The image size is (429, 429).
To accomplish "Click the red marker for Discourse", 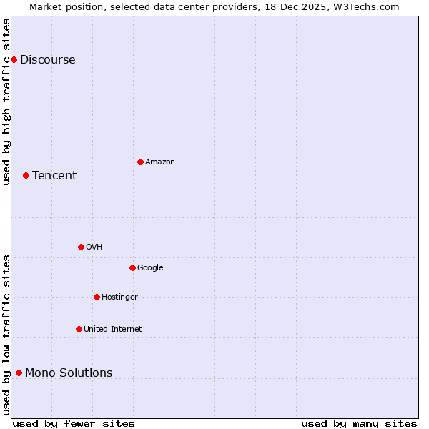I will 14,59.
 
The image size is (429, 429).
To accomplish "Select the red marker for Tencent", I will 26,175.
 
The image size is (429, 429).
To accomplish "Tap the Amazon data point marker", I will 140,162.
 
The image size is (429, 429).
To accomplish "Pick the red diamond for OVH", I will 81,247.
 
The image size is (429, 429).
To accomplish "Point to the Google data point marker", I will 132,267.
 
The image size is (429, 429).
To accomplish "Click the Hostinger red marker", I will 97,297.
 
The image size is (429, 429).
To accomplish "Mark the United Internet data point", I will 79,329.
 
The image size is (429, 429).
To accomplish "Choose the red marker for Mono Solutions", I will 19,373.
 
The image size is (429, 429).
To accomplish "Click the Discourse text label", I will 48,60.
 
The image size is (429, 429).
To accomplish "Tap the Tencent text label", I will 54,176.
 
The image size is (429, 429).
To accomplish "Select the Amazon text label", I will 160,162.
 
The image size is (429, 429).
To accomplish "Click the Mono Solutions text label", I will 69,373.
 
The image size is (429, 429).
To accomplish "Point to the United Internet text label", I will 113,330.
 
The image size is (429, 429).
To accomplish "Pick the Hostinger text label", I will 119,297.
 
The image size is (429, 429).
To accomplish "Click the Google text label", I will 150,268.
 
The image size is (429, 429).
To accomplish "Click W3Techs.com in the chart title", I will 368,6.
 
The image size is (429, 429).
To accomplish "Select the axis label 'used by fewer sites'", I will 74,423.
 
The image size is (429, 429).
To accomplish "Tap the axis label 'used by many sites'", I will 359,423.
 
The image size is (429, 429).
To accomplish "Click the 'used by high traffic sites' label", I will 6,102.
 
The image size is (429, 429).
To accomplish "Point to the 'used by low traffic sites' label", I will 6,334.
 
